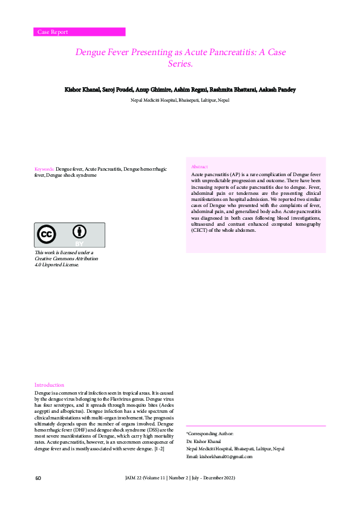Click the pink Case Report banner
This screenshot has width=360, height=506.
79,32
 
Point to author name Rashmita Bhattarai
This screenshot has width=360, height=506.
232,90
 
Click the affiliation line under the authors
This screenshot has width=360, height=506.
180,100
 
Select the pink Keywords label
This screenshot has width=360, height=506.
44,169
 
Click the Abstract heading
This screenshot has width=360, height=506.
199,166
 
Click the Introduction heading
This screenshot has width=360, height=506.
49,385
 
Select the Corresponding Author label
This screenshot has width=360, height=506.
209,434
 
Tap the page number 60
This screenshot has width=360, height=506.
38,478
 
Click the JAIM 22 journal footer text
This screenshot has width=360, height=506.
180,478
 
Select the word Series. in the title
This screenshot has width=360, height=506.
180,63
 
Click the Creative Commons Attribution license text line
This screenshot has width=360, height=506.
66,258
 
